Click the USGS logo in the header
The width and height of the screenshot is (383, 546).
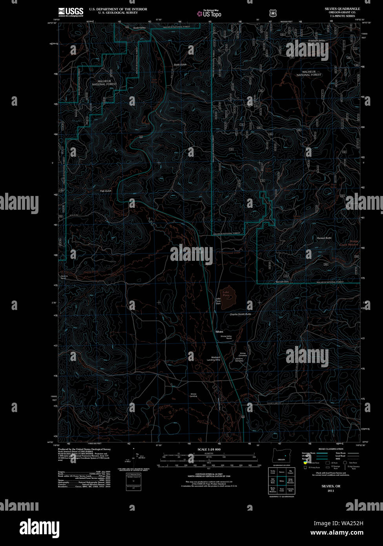coord(71,12)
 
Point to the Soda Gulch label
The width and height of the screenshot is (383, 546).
coord(180,64)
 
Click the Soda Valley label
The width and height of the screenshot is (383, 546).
coord(139,28)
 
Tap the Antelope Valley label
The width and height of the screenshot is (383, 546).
coord(317,40)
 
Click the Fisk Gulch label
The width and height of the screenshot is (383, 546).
coord(106,191)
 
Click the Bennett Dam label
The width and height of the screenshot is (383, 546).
coord(282,282)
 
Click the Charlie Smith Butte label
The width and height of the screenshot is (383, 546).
coord(240,314)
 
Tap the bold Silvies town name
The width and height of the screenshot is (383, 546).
coord(219,332)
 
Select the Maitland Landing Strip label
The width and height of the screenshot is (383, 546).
coord(213,359)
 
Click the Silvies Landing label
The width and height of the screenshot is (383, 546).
coord(193,395)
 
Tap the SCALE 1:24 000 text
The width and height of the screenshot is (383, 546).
coord(209,449)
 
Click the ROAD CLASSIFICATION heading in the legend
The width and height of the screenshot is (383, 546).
coord(331,449)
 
